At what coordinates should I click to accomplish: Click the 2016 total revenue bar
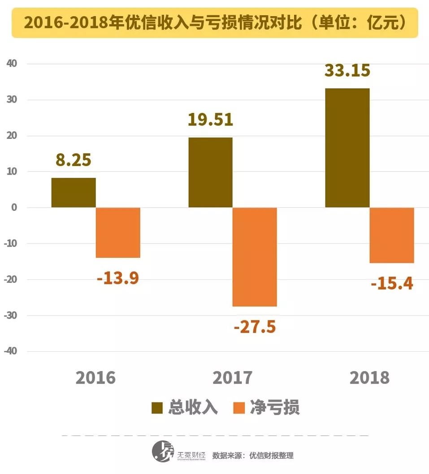74,192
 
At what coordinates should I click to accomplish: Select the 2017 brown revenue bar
210,172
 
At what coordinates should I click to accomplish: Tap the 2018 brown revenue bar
347,148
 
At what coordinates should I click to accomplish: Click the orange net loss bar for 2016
118,232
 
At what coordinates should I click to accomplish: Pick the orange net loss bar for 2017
255,257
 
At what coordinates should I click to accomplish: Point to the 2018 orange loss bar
391,235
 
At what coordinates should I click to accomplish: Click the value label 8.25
74,160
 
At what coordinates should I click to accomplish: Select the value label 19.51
210,120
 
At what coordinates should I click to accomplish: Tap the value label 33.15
347,70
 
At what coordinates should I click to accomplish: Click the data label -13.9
118,278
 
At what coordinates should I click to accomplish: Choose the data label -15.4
392,283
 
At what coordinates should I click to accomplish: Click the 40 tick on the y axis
12,64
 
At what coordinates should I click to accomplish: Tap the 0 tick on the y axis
14,208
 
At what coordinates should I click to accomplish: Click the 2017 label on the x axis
232,378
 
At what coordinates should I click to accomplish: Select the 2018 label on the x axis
369,378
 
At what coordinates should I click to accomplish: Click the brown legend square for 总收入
157,407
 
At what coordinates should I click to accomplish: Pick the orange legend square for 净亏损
240,407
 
